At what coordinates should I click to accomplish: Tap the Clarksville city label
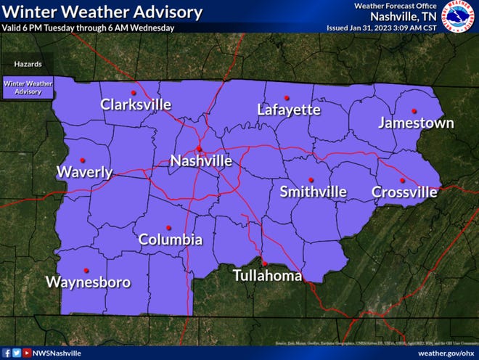[x=136, y=105]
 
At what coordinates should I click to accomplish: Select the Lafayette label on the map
[x=288, y=110]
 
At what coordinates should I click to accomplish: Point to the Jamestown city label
[x=416, y=123]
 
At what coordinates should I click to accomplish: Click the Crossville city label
[x=404, y=192]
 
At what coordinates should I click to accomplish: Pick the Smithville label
[x=313, y=192]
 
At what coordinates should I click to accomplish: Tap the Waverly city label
[x=85, y=172]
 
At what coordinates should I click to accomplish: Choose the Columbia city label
[x=171, y=240]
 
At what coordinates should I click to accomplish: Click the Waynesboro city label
[x=89, y=282]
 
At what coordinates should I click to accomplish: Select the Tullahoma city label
[x=266, y=276]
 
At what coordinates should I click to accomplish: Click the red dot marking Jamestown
[x=414, y=111]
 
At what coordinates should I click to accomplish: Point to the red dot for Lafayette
[x=287, y=97]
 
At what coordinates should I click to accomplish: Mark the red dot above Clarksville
[x=134, y=93]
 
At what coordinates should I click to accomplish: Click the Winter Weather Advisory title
[x=102, y=12]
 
